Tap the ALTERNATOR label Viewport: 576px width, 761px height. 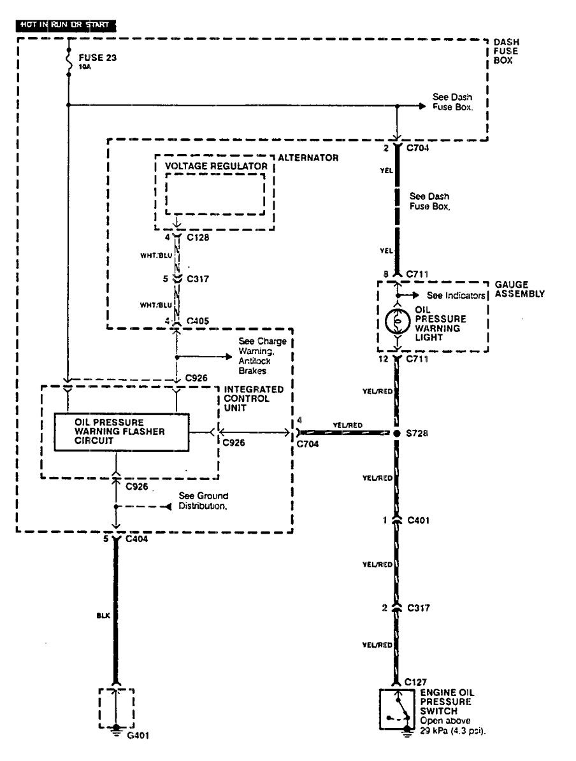(308, 158)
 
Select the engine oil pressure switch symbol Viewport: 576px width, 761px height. (397, 711)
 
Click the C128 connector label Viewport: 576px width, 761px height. (197, 238)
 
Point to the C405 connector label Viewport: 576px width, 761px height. (197, 320)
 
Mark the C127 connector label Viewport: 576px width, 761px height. (415, 681)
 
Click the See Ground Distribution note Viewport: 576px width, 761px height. (203, 501)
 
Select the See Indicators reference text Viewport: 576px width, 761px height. (456, 295)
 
